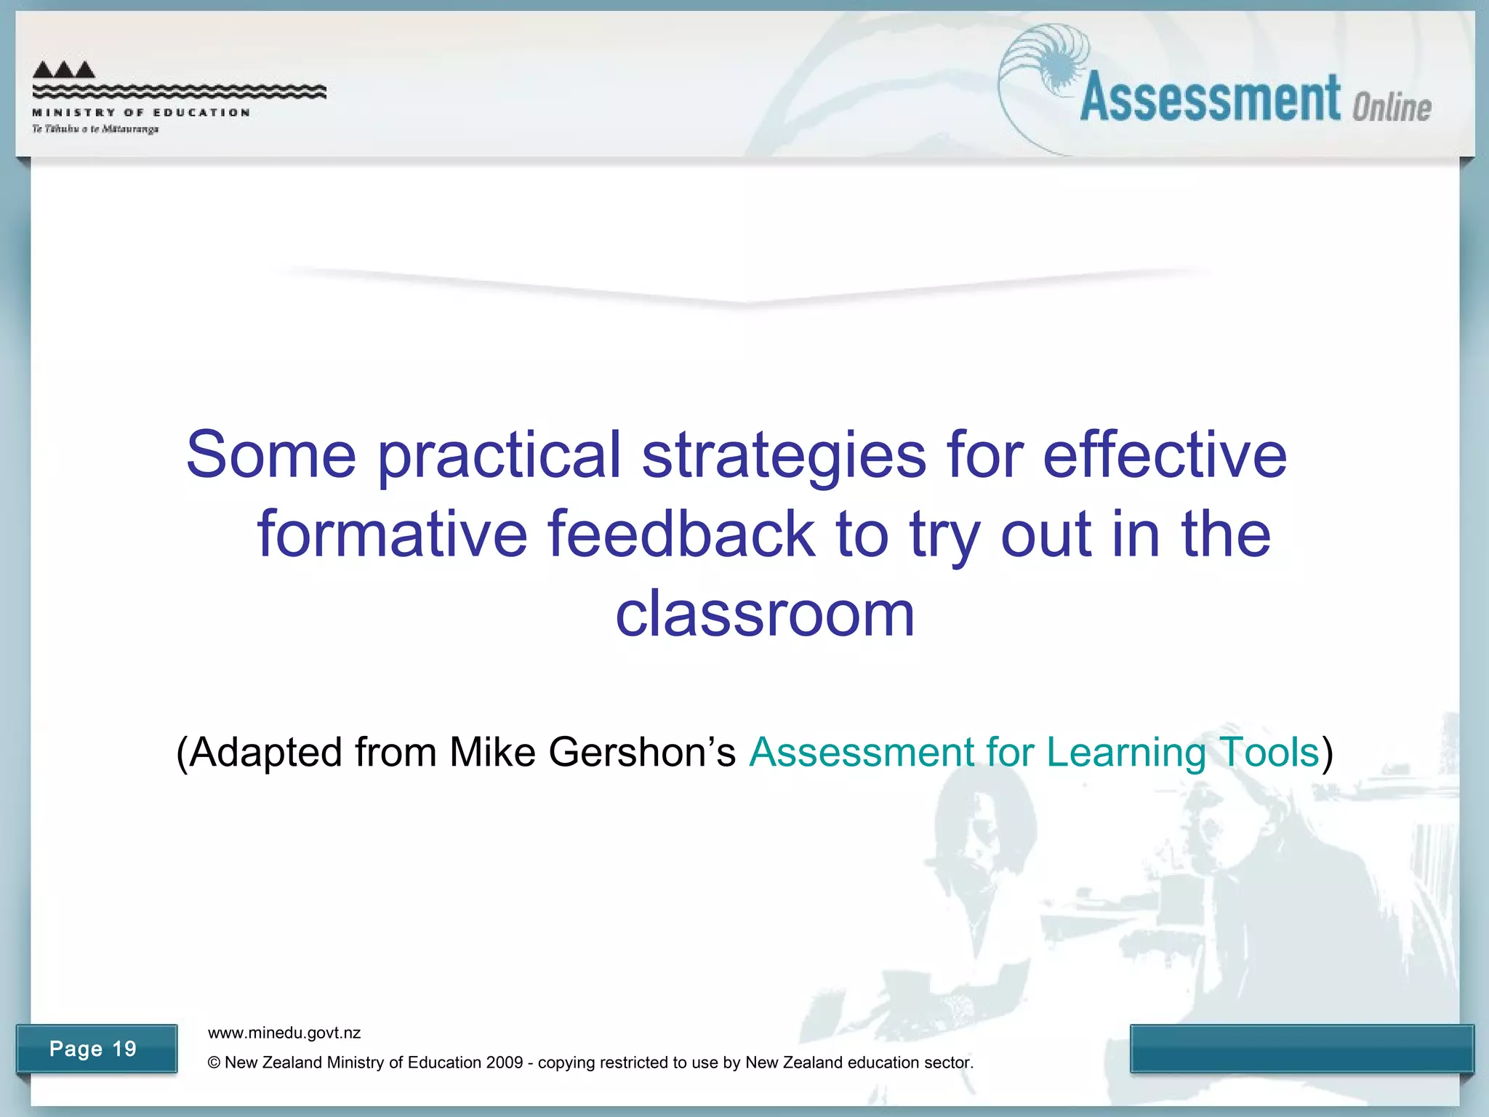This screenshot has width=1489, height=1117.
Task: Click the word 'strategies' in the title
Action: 784,456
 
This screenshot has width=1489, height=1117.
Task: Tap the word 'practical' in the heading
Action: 499,456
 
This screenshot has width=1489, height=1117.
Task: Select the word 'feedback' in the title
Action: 681,535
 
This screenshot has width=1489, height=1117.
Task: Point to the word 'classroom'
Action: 765,614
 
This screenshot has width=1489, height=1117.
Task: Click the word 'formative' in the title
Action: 392,535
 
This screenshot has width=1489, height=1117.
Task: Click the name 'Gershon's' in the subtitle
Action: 642,752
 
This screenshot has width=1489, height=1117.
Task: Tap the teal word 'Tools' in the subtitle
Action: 1269,752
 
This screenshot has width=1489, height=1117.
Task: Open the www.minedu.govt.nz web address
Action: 284,1033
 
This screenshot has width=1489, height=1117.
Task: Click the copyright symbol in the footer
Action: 214,1062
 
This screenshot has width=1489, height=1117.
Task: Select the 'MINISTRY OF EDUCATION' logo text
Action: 141,113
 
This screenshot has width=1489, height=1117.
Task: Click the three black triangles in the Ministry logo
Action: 64,70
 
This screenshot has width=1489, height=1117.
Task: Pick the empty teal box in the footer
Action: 1301,1048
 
